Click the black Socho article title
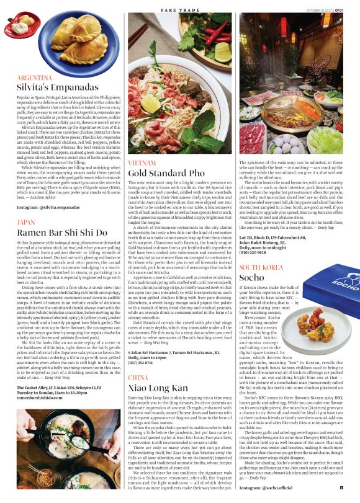coord(251,277)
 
